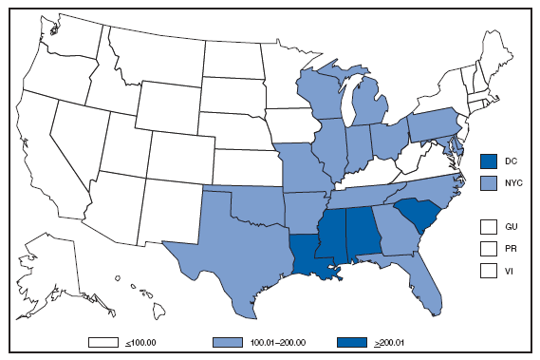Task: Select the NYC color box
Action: (490, 180)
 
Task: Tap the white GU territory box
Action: (490, 227)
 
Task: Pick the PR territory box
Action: (490, 248)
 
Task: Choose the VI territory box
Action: (490, 270)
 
